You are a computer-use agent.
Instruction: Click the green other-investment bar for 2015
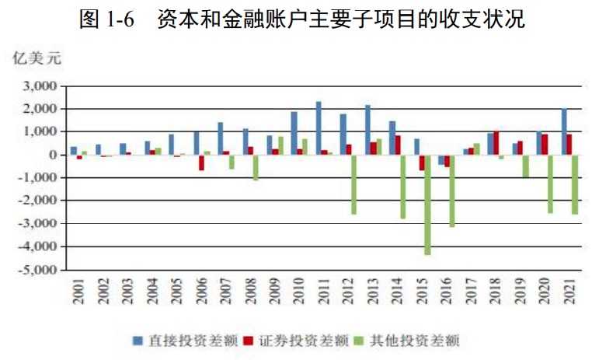tap(427, 204)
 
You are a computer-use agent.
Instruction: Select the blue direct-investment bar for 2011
tap(319, 128)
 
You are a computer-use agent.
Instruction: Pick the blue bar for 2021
tap(563, 132)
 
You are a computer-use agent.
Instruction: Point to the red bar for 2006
tap(202, 163)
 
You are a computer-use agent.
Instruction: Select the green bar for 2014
tap(403, 187)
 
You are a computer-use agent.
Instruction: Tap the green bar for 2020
tap(550, 183)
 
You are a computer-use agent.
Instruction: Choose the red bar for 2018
tap(496, 143)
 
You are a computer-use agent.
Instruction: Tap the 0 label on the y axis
tap(53, 156)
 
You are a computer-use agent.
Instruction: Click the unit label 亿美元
tap(34, 58)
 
